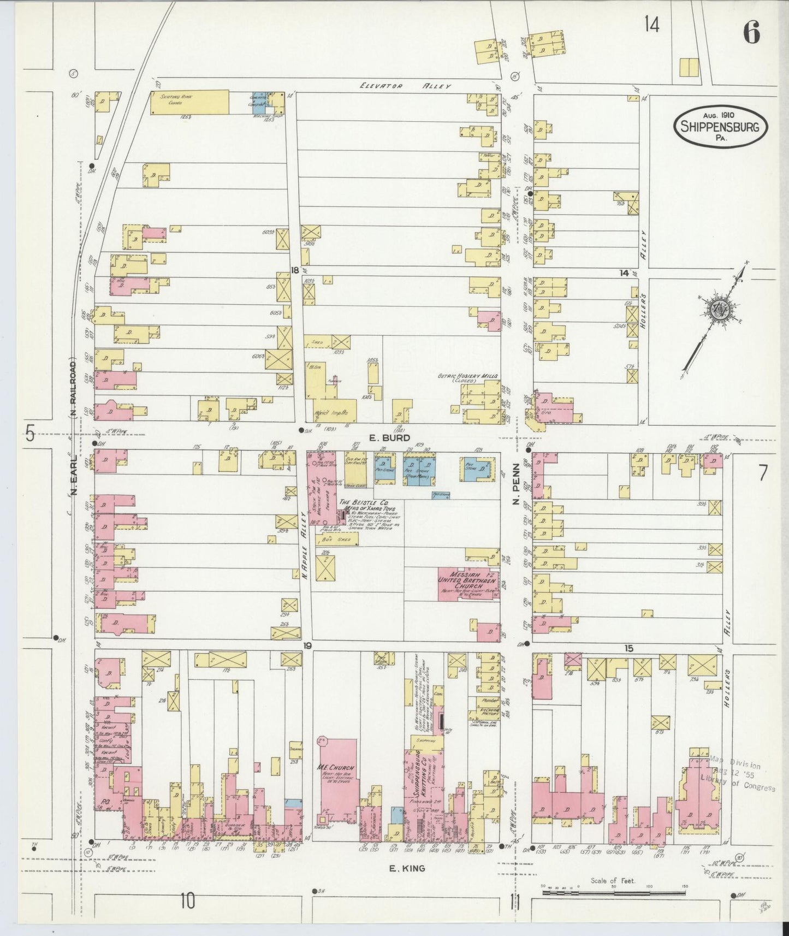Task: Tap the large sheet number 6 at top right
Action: [x=751, y=34]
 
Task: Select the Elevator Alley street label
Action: [x=406, y=86]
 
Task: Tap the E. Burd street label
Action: [x=382, y=437]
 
